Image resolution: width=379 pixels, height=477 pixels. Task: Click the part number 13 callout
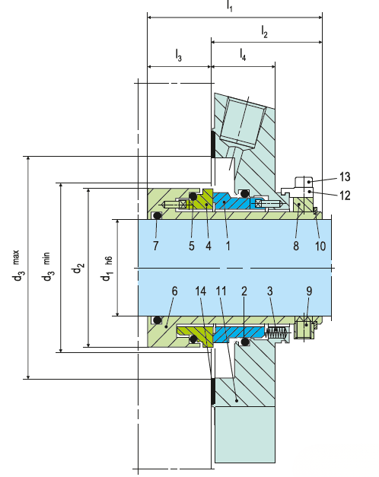[x=345, y=176]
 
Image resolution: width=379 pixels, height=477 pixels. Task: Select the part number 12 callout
[x=345, y=196]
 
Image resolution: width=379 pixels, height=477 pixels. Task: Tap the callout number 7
[x=155, y=246]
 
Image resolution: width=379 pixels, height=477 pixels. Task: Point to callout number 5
[x=192, y=246]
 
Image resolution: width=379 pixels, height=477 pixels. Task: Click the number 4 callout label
[x=209, y=246]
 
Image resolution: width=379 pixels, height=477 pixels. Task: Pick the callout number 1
[x=228, y=246]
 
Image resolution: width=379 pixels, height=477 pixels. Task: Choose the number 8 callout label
[x=296, y=246]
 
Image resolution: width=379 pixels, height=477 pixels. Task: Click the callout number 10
[x=320, y=246]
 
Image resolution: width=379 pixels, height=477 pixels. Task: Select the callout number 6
[x=174, y=291]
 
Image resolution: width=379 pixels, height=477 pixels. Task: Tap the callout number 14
[x=201, y=291]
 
